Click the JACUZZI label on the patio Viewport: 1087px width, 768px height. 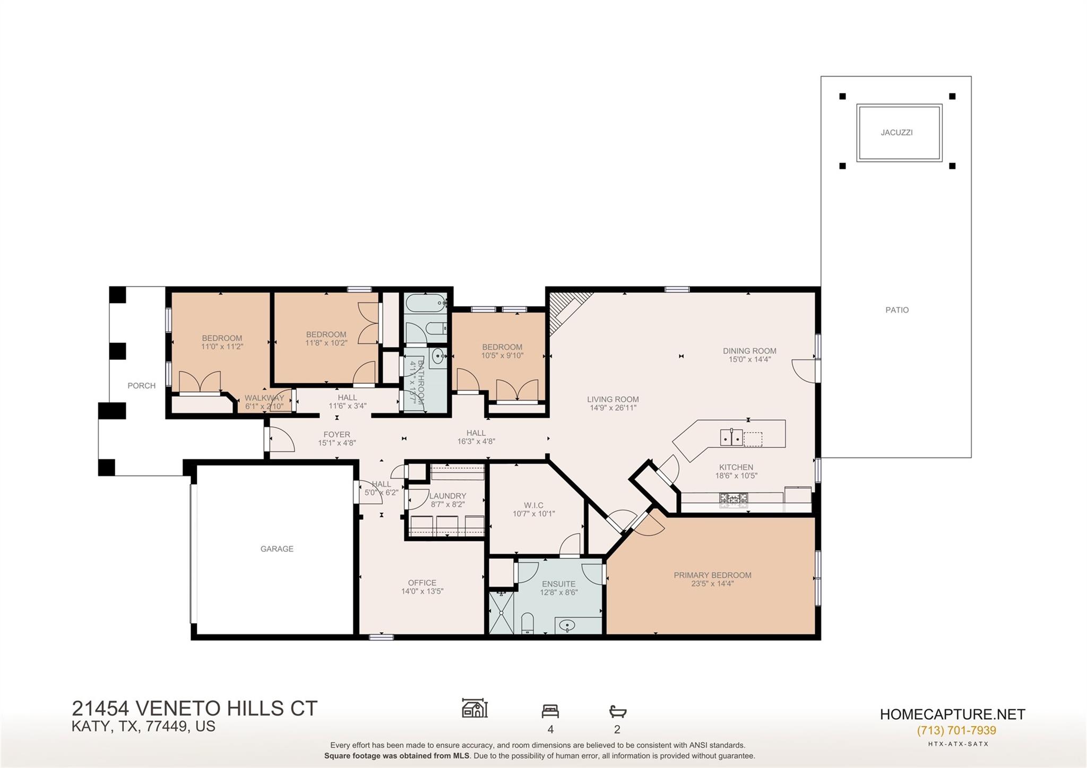[x=896, y=133]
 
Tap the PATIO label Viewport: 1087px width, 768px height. [x=897, y=310]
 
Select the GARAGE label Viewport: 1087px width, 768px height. [x=277, y=549]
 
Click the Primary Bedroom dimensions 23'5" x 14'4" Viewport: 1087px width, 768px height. [x=712, y=584]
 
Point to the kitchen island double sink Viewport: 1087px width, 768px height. [x=731, y=438]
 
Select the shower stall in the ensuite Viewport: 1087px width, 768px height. [x=501, y=613]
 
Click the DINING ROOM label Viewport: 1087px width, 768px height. [x=749, y=351]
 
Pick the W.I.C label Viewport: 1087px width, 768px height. [x=533, y=505]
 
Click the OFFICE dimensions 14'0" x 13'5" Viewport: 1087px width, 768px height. [x=422, y=591]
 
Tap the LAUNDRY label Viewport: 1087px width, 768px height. [x=447, y=496]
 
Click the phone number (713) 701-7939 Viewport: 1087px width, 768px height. [x=956, y=730]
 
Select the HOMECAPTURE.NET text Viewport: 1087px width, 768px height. [x=952, y=714]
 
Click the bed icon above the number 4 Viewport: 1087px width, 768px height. [x=550, y=711]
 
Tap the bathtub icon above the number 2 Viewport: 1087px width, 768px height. [x=617, y=711]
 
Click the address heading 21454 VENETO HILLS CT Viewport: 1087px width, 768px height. [x=194, y=709]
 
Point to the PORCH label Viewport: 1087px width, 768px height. [x=142, y=386]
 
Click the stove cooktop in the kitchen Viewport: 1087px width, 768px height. [x=733, y=498]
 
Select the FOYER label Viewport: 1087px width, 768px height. [x=337, y=434]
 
